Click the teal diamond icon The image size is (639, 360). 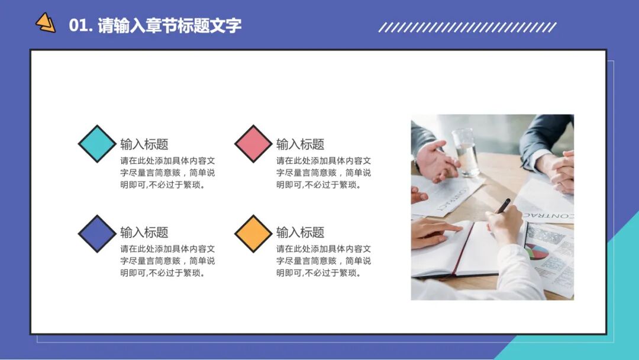[98, 144]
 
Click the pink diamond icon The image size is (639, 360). [253, 144]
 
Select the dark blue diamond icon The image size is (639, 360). [98, 233]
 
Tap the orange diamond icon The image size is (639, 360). [253, 233]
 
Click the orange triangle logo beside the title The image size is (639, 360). [46, 23]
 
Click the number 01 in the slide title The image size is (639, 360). [78, 26]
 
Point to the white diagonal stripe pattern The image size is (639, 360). [467, 27]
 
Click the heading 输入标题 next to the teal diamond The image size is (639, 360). [144, 144]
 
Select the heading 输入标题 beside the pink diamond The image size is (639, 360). [300, 144]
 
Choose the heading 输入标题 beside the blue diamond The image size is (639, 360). [144, 232]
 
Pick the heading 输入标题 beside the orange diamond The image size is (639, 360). [300, 232]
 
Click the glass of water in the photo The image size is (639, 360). [466, 152]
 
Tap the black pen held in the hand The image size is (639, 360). [503, 205]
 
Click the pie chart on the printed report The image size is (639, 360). [537, 251]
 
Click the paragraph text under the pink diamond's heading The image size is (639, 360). [324, 173]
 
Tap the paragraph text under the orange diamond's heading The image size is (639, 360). [324, 261]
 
